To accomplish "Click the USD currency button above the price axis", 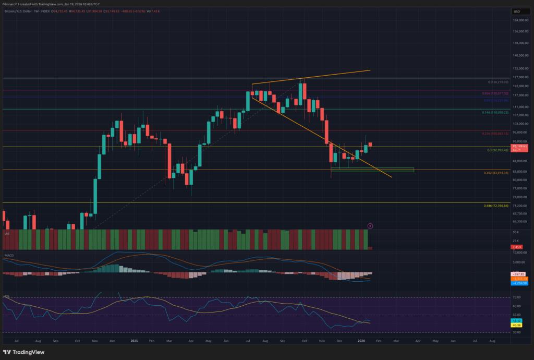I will tap(517, 11).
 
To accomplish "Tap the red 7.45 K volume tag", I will tap(517, 247).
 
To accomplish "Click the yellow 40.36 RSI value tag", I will tap(517, 326).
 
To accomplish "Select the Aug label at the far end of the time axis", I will tap(492, 340).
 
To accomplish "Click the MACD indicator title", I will tap(9, 256).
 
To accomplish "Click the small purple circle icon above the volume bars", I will tap(370, 226).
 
